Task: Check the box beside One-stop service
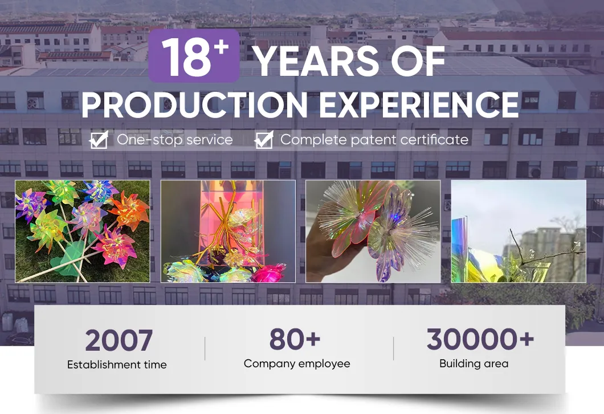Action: (x=99, y=140)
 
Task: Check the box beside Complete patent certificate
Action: (x=264, y=140)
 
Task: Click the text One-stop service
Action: (x=175, y=140)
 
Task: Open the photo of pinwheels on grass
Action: (x=83, y=232)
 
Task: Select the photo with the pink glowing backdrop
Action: (x=228, y=232)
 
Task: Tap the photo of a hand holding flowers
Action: (x=373, y=232)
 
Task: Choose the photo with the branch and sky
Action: (x=519, y=232)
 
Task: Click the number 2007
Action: (x=119, y=341)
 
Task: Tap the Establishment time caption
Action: (x=117, y=365)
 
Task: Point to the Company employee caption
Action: (x=297, y=364)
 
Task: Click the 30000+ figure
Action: (x=480, y=339)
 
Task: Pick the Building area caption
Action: (x=474, y=364)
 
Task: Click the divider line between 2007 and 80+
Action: (x=205, y=348)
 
